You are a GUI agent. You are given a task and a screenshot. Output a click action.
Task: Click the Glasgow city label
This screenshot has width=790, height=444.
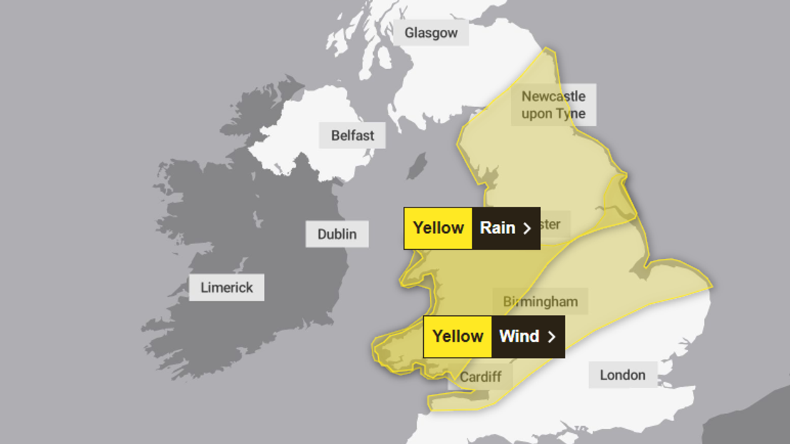[x=431, y=33]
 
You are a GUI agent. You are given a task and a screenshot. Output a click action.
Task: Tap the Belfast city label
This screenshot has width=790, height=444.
[x=352, y=136]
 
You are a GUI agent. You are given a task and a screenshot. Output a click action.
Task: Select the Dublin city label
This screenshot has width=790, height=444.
[x=337, y=234]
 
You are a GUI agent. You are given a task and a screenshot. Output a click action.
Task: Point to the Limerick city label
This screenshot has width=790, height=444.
[x=227, y=287]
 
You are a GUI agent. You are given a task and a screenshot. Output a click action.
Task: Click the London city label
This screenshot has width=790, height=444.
[x=622, y=375]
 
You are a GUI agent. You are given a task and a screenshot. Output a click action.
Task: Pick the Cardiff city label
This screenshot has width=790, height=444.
[x=480, y=377]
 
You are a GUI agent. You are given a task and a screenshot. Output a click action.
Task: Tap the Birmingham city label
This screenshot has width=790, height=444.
[x=540, y=301]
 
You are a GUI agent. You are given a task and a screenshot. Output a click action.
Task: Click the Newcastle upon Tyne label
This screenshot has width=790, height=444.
[x=553, y=105]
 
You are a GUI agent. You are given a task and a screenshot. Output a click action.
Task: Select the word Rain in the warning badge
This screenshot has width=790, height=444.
[x=497, y=228]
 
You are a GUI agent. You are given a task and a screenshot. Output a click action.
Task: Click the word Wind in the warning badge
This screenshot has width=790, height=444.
[x=518, y=336]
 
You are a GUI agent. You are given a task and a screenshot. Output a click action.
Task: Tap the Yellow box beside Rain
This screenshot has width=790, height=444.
[x=438, y=228]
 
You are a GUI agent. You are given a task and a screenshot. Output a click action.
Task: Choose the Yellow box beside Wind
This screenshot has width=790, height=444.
[x=458, y=336]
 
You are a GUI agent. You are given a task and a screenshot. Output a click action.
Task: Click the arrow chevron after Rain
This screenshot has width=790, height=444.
[x=527, y=228]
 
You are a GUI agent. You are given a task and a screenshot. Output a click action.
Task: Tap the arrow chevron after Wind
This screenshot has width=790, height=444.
[x=551, y=337]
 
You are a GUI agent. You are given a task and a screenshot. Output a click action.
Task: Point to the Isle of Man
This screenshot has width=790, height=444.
[x=417, y=166]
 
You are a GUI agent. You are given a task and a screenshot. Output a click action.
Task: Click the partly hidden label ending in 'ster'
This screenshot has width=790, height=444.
[x=550, y=225]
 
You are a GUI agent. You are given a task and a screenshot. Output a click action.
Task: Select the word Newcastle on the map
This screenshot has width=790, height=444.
[x=553, y=96]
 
